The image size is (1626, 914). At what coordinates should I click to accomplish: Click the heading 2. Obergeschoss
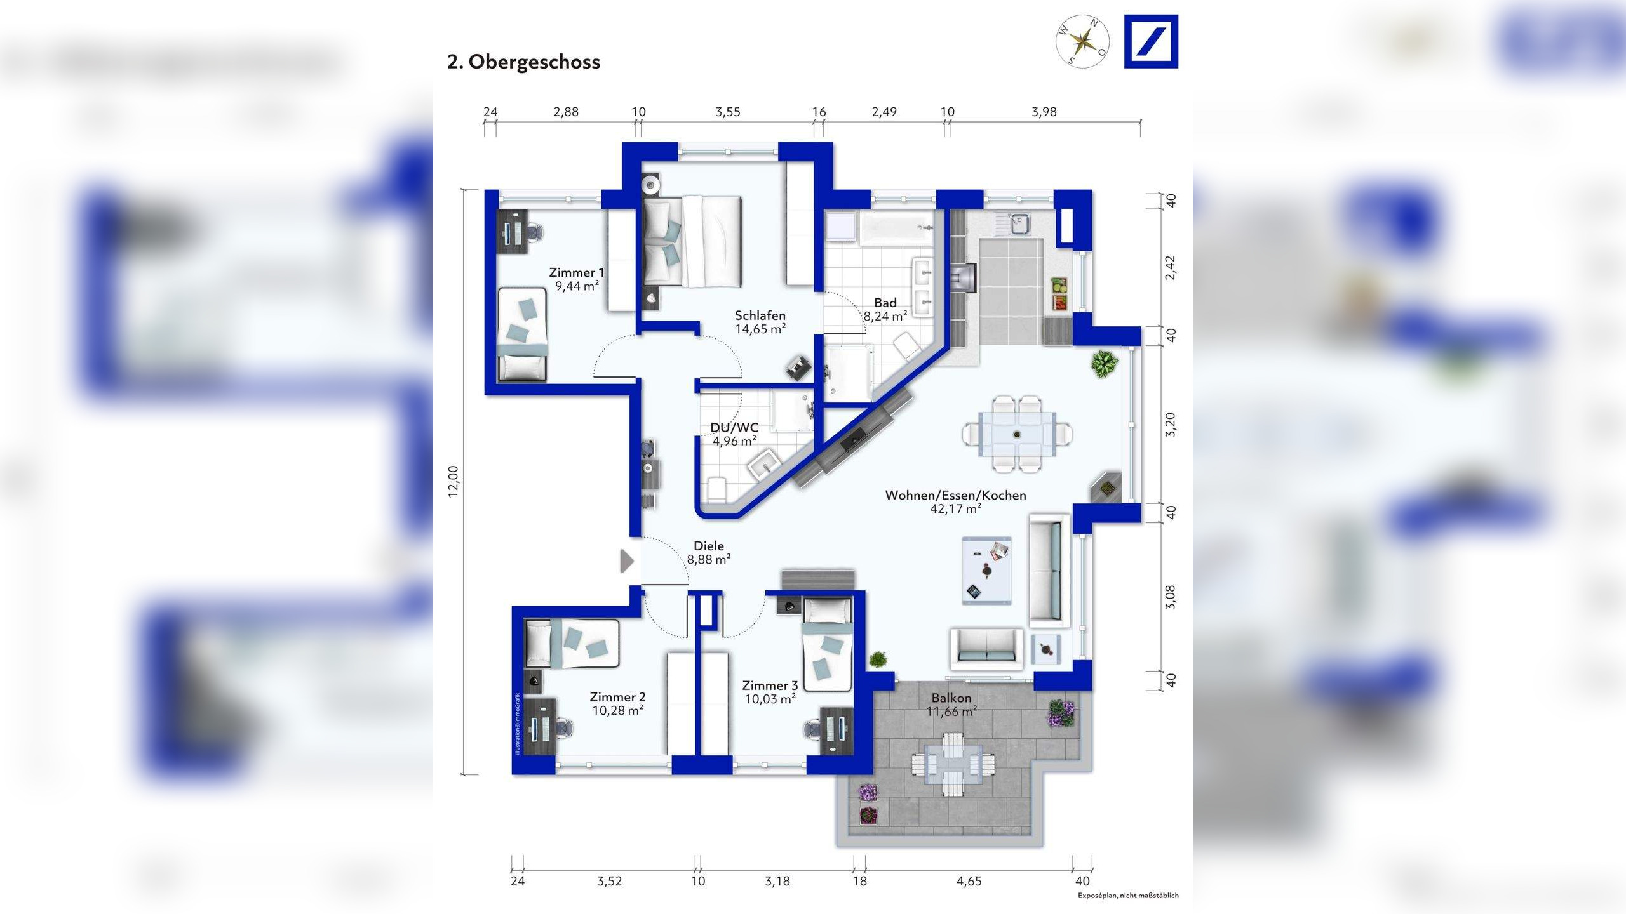click(523, 62)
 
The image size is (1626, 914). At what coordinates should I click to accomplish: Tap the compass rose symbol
click(1082, 41)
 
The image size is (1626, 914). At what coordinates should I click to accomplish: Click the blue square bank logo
click(1151, 41)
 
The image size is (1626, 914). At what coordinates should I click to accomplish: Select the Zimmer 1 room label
click(577, 273)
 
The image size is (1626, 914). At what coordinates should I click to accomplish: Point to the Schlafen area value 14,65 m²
click(760, 329)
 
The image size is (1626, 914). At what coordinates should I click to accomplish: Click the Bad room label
click(885, 303)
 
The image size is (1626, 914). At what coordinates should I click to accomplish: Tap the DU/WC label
click(734, 427)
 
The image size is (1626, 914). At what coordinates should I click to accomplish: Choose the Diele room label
click(709, 546)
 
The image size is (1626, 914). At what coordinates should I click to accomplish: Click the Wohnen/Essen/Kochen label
click(956, 495)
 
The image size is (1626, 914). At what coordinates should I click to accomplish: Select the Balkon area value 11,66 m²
click(951, 712)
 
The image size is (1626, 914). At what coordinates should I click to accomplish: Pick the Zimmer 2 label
click(617, 697)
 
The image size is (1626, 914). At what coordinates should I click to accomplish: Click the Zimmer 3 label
click(770, 685)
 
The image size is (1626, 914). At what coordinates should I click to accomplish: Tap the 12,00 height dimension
click(453, 482)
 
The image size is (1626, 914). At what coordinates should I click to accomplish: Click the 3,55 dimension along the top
click(728, 112)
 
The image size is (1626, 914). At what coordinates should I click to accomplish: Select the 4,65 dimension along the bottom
click(969, 881)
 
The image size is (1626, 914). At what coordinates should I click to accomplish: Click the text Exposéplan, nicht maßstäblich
click(1128, 896)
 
